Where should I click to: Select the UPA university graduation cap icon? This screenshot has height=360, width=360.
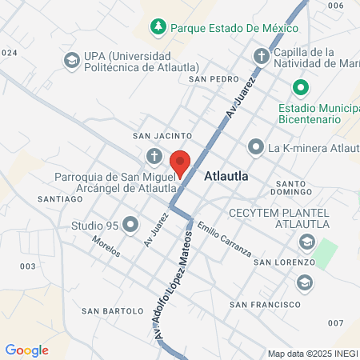tap(71, 60)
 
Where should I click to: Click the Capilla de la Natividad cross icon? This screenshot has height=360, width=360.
tap(261, 57)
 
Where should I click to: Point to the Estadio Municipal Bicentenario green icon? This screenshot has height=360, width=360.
tap(300, 86)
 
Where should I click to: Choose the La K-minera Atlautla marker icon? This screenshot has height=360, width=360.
tap(255, 146)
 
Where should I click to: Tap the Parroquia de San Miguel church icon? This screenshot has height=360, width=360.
tap(154, 155)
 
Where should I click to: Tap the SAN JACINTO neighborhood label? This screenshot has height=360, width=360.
tap(162, 136)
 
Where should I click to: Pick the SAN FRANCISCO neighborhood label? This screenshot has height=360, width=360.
tap(265, 305)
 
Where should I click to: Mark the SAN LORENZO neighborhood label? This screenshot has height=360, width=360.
tap(283, 262)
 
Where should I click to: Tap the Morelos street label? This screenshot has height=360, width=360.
tap(106, 246)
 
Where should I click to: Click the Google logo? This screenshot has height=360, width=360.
tap(27, 350)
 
